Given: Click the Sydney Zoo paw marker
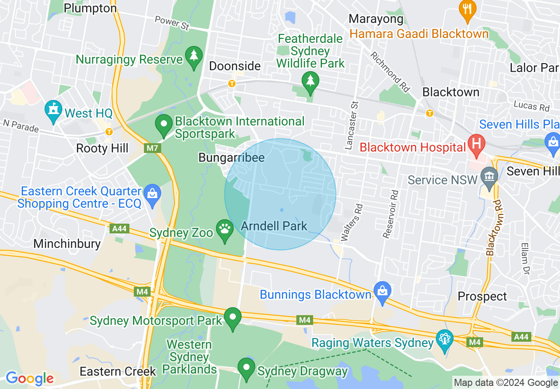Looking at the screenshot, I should [225, 230].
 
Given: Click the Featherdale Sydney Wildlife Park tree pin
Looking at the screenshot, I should [310, 81].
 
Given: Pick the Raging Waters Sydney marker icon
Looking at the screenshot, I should [445, 339].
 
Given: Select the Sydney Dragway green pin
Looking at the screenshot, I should [246, 369].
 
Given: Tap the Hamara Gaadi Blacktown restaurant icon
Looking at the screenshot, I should [467, 9].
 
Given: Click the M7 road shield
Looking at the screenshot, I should [152, 148].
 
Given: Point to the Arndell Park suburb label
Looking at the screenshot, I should [274, 226].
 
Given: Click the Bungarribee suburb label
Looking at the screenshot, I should [231, 157].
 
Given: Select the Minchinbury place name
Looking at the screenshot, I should [67, 244].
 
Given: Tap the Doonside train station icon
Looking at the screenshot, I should [231, 83].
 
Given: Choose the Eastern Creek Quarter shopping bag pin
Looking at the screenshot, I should [152, 194].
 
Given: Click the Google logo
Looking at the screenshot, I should [30, 378].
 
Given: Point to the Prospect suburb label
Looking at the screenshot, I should [482, 296].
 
